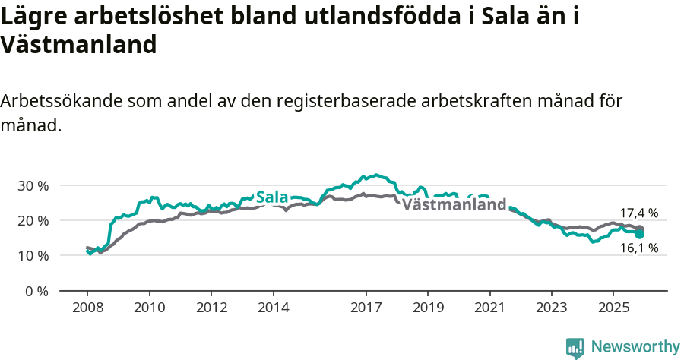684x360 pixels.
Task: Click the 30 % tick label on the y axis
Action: pyautogui.click(x=32, y=185)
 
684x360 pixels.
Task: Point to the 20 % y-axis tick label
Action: pyautogui.click(x=32, y=220)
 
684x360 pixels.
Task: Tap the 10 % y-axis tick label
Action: pyautogui.click(x=32, y=255)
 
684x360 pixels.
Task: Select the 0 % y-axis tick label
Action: pyautogui.click(x=35, y=291)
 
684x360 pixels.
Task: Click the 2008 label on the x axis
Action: pyautogui.click(x=87, y=309)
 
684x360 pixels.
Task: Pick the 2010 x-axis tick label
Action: pyautogui.click(x=149, y=309)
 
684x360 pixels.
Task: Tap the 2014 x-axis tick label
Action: pyautogui.click(x=273, y=309)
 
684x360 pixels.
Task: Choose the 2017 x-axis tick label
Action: pyautogui.click(x=366, y=309)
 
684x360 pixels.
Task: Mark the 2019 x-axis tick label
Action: pyautogui.click(x=428, y=309)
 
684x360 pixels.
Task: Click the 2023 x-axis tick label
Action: pyautogui.click(x=552, y=309)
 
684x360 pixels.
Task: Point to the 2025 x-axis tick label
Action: pyautogui.click(x=613, y=309)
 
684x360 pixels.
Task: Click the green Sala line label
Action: pyautogui.click(x=272, y=197)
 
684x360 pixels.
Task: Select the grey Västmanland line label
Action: pyautogui.click(x=454, y=205)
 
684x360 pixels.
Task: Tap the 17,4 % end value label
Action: pyautogui.click(x=638, y=213)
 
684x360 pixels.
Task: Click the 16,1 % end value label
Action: pyautogui.click(x=638, y=248)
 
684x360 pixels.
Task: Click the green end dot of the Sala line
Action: pyautogui.click(x=639, y=234)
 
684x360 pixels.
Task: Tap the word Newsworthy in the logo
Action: pyautogui.click(x=635, y=346)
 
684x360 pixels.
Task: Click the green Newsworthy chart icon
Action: pyautogui.click(x=575, y=347)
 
